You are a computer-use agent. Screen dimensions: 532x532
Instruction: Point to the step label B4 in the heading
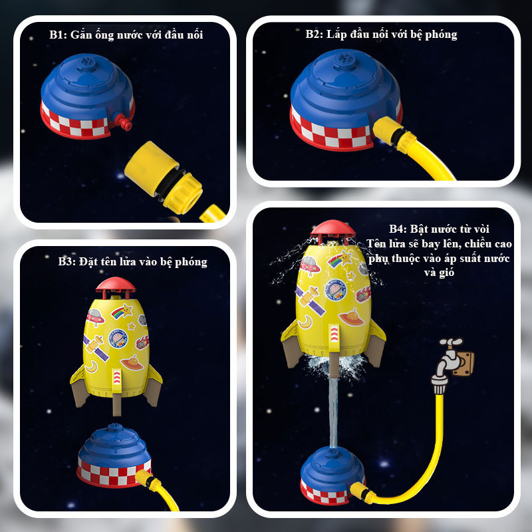click(x=397, y=229)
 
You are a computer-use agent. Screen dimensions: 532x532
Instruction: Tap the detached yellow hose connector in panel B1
click(x=164, y=178)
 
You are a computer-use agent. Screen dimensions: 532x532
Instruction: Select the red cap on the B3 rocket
click(x=116, y=285)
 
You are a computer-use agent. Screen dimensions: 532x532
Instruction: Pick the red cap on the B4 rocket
click(x=333, y=229)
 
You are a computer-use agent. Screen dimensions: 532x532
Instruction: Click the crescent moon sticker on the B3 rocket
click(x=92, y=367)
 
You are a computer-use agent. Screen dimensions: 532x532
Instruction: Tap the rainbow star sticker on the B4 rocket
click(x=340, y=259)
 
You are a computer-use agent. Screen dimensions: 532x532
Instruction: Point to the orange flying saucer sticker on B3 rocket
click(x=132, y=363)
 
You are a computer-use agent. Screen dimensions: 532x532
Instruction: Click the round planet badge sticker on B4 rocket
click(x=336, y=290)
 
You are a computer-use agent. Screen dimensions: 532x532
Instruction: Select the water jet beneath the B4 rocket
click(x=334, y=412)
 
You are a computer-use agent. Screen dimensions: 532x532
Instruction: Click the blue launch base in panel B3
click(x=114, y=455)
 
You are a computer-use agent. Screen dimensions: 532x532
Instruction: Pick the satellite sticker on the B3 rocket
click(x=96, y=346)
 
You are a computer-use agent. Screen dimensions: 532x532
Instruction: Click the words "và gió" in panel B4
click(x=439, y=273)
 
